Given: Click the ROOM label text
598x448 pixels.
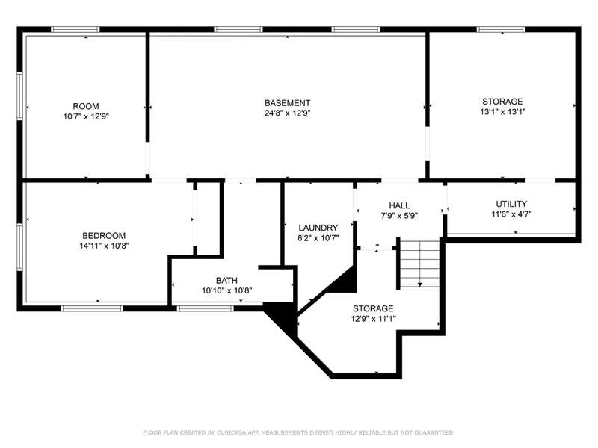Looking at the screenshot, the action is point(86,106).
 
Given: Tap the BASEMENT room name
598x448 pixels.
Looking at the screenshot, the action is point(287,103).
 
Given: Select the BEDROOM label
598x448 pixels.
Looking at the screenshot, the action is point(104,236).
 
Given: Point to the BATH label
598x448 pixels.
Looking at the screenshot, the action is point(226,281).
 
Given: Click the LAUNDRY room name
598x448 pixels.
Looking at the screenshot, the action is point(318,228).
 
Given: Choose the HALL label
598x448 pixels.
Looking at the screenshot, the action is point(399,206).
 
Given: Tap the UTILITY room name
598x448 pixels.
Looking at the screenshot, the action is point(511,204).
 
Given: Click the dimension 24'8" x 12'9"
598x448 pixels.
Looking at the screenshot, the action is point(287,113).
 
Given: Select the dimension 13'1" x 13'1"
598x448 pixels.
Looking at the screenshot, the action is point(502,111).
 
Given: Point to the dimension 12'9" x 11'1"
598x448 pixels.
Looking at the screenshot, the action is point(373,319).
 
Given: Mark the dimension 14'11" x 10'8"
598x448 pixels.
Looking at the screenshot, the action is point(104,246).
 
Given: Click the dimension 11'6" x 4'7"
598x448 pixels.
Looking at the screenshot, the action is point(511,214).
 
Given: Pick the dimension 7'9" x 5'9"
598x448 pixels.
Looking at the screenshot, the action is point(399,216).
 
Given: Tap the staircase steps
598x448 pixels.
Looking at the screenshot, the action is point(419,264).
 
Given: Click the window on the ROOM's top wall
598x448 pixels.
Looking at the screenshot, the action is point(75,29).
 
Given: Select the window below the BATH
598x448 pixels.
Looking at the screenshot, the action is point(205,308).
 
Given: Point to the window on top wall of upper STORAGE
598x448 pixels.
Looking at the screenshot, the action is point(501,29).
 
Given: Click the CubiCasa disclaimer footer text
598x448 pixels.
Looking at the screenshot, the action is point(298,432).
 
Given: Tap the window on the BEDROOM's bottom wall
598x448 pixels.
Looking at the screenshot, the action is point(92,308).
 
